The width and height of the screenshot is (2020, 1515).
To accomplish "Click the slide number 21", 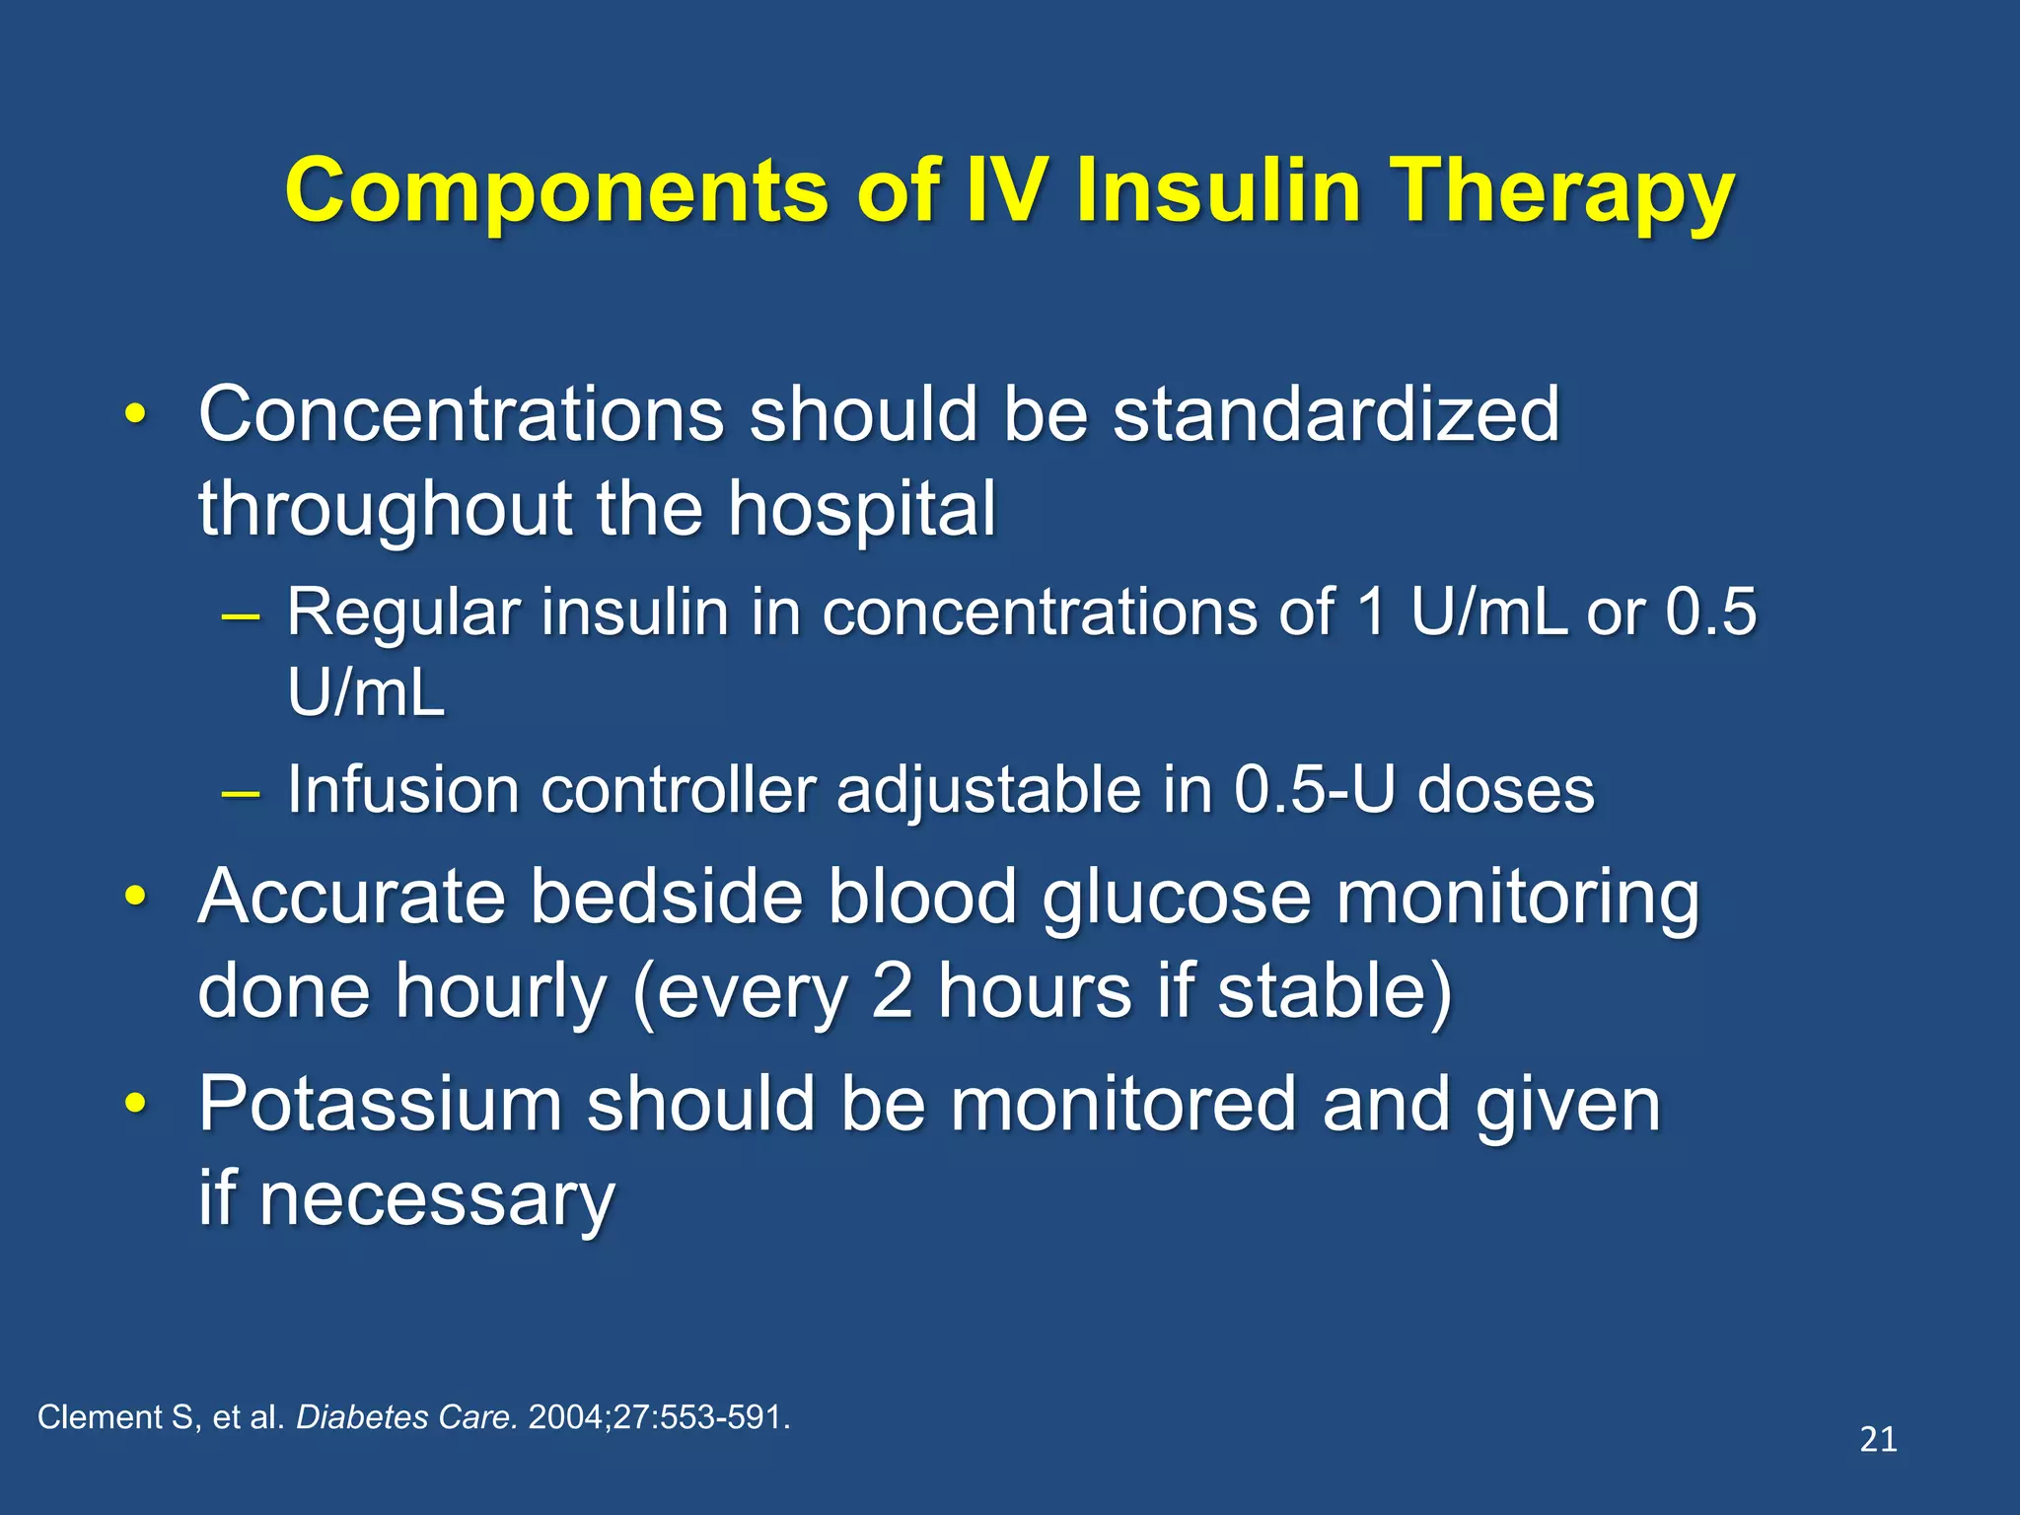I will click(x=1878, y=1440).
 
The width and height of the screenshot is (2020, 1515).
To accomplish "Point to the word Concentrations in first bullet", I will click(x=461, y=414).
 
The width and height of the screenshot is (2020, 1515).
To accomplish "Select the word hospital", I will click(x=862, y=509).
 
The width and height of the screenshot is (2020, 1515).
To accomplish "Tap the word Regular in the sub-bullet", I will click(x=402, y=613).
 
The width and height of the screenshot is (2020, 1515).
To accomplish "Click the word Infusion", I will click(x=402, y=790).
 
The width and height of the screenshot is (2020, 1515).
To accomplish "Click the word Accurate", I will click(x=352, y=897).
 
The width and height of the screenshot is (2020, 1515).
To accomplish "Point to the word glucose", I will click(x=1177, y=899).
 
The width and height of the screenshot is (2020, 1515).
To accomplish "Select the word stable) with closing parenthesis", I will click(x=1335, y=991).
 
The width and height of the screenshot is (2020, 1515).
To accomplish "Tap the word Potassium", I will click(x=380, y=1105).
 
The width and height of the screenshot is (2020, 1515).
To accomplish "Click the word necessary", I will click(x=437, y=1200).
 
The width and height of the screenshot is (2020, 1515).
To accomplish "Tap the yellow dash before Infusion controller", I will click(x=241, y=792).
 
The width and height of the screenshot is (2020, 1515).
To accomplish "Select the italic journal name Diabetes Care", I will click(x=406, y=1417).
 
